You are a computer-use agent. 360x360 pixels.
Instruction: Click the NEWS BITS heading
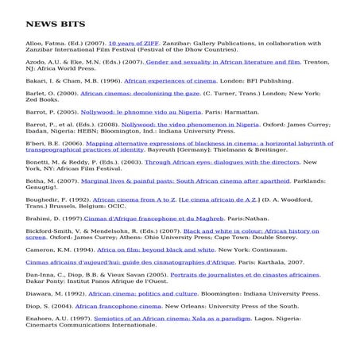pos(55,25)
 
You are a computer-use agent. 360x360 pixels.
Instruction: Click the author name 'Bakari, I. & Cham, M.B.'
pos(61,80)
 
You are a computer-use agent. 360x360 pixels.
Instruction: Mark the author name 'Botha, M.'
pos(40,180)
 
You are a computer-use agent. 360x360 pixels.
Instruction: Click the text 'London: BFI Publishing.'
pos(248,80)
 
